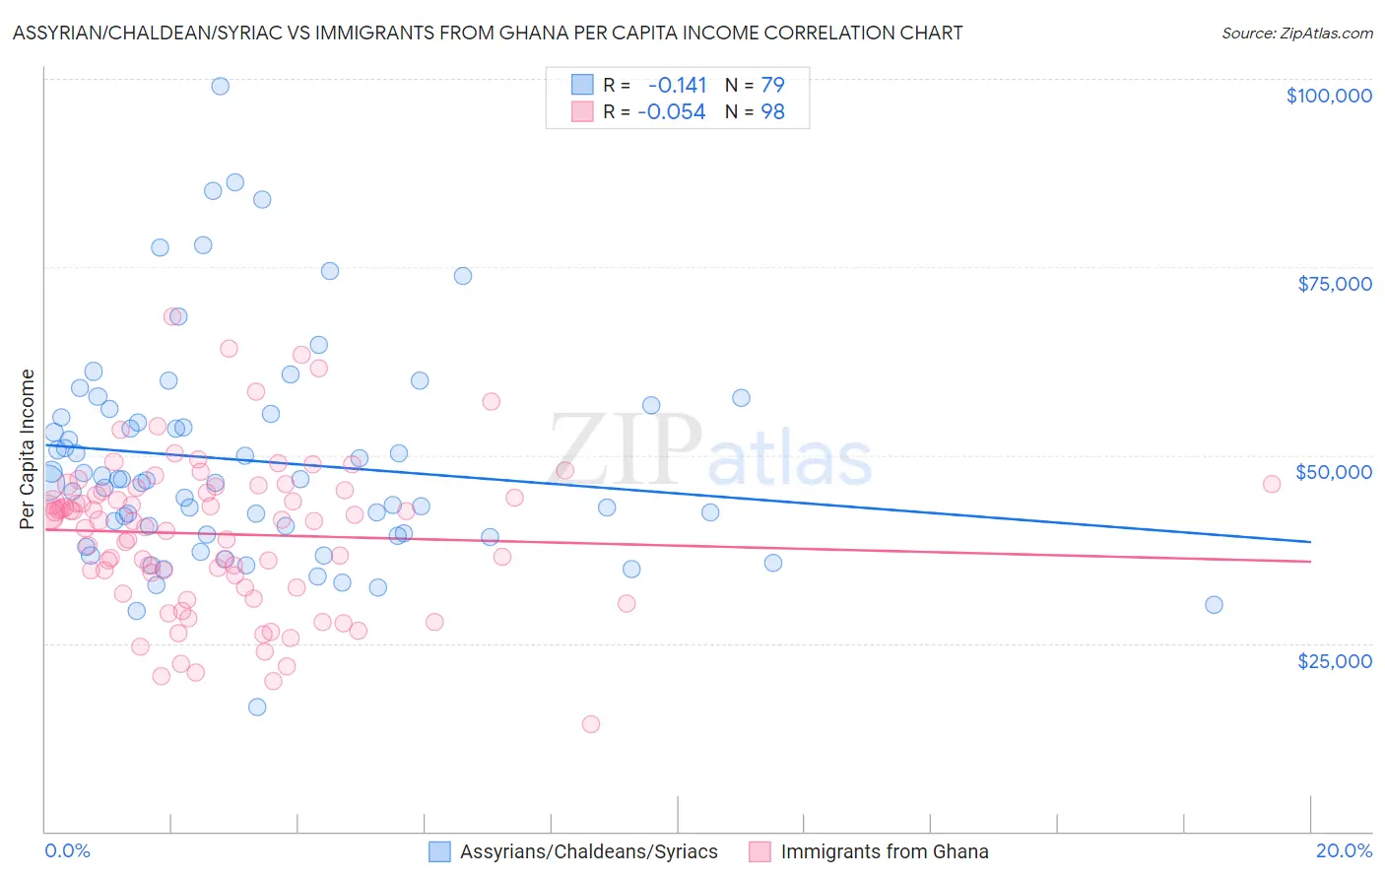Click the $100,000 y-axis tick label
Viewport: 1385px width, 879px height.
(1329, 96)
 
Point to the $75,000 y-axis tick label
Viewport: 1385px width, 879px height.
(1335, 284)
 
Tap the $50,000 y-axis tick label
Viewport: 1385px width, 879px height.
(1334, 472)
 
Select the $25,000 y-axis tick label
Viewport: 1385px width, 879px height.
(1335, 660)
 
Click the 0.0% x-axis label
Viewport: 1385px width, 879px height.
(67, 850)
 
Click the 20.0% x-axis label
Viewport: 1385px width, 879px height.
(1344, 850)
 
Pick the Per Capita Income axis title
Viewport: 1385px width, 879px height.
(28, 448)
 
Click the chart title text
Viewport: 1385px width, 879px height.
(488, 33)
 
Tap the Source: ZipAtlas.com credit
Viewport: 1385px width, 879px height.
(1296, 33)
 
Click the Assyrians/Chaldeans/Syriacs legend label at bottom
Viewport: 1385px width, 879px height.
(589, 851)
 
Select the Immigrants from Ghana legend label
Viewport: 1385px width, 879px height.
(885, 851)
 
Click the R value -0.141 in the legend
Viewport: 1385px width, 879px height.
(677, 85)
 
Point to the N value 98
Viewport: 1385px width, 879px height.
(772, 112)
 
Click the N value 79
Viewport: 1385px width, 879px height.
(772, 85)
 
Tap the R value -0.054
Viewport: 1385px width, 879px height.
(672, 112)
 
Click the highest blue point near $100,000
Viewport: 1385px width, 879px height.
(221, 86)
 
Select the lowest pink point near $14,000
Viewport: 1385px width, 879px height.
(591, 724)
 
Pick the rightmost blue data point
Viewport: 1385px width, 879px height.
(1214, 605)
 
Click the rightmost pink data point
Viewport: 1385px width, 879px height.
(1272, 484)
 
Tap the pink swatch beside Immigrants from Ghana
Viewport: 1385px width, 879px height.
(759, 851)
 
